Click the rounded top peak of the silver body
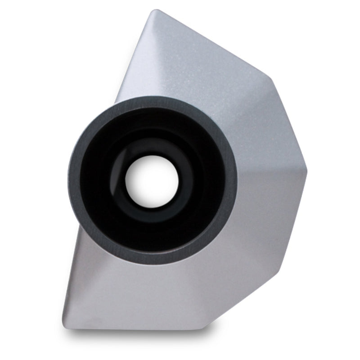click(x=154, y=12)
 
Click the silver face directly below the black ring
click(x=153, y=292)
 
